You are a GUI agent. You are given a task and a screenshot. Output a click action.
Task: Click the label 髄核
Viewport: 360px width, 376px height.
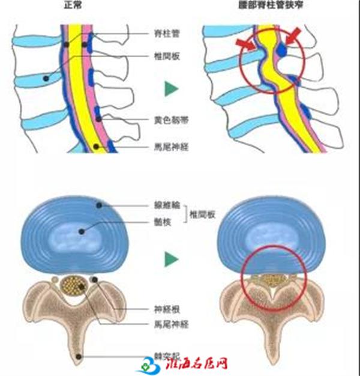click(x=161, y=220)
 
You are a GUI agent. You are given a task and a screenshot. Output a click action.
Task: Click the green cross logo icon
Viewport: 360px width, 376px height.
click(x=148, y=364)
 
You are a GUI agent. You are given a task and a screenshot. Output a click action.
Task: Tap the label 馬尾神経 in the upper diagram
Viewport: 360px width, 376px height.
click(x=170, y=147)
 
